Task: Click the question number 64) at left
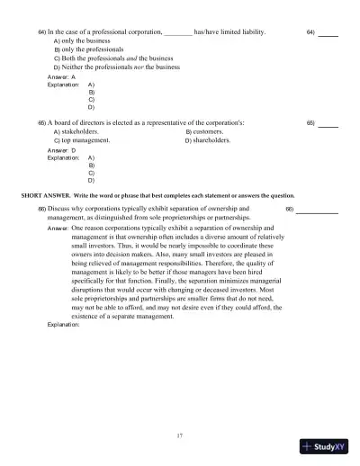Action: point(41,32)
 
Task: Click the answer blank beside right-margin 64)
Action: point(328,34)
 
